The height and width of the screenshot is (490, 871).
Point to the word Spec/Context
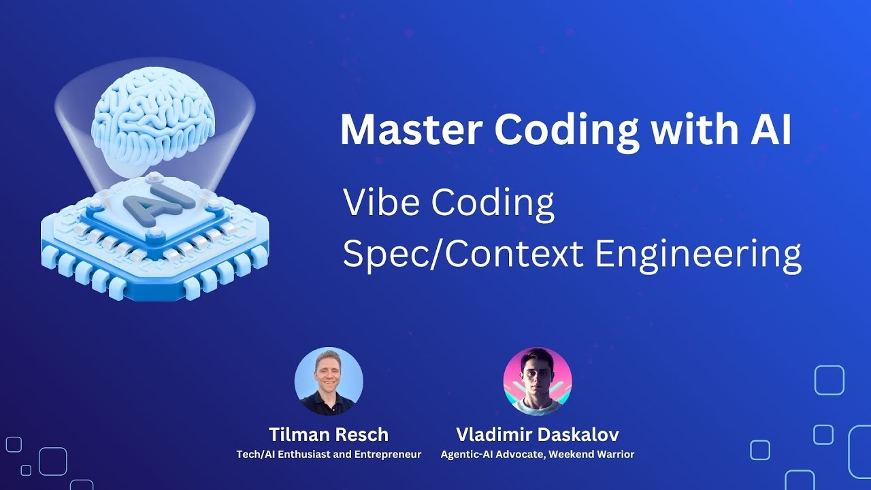(463, 254)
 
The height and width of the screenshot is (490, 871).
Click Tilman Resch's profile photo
(329, 381)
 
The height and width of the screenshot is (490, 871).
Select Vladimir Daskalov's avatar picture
(538, 381)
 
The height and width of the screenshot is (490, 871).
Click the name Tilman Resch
(329, 434)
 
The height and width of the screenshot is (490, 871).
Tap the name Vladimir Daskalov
(538, 434)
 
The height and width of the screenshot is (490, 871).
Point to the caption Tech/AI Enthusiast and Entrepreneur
(329, 454)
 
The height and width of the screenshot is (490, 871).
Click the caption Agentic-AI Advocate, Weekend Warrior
(538, 454)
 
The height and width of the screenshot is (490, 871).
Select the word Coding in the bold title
(567, 131)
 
